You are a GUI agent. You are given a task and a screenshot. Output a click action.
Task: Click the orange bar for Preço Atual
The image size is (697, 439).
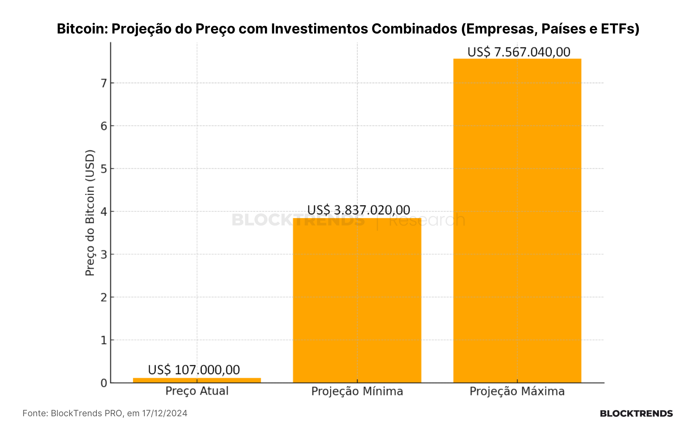click(x=197, y=380)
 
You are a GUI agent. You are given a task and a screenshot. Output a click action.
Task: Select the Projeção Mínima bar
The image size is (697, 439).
click(x=357, y=300)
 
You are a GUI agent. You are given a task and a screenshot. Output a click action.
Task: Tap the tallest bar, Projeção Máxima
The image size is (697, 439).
click(x=517, y=220)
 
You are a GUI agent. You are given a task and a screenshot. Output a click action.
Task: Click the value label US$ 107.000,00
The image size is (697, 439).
click(x=194, y=370)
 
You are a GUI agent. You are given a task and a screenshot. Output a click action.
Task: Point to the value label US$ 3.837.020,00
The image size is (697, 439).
click(x=359, y=210)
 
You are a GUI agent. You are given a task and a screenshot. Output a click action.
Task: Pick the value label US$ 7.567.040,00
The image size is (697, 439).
click(x=519, y=52)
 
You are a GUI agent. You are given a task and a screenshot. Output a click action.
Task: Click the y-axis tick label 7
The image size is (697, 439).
click(x=104, y=83)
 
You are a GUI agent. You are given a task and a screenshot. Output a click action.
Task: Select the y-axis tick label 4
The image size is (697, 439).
click(x=104, y=212)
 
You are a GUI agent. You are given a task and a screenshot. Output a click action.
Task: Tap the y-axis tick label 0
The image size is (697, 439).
click(x=104, y=383)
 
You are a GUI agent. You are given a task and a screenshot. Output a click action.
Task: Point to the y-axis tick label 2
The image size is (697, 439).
click(x=104, y=297)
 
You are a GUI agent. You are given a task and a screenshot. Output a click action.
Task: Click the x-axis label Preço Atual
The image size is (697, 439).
click(x=197, y=391)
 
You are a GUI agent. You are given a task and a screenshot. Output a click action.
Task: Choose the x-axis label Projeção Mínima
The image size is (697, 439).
click(x=357, y=391)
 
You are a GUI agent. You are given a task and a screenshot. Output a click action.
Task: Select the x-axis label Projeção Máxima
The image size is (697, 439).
click(x=517, y=391)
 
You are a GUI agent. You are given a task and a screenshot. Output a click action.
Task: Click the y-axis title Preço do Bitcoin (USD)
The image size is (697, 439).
click(x=90, y=213)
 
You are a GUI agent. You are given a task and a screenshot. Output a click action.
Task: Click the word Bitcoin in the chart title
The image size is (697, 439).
click(x=82, y=29)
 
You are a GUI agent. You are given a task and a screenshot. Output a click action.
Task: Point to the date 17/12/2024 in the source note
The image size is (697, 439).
click(x=164, y=413)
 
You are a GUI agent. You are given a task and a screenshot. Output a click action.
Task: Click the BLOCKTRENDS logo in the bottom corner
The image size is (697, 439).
click(x=636, y=414)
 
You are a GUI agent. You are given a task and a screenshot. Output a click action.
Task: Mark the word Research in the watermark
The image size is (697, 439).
click(x=427, y=220)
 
